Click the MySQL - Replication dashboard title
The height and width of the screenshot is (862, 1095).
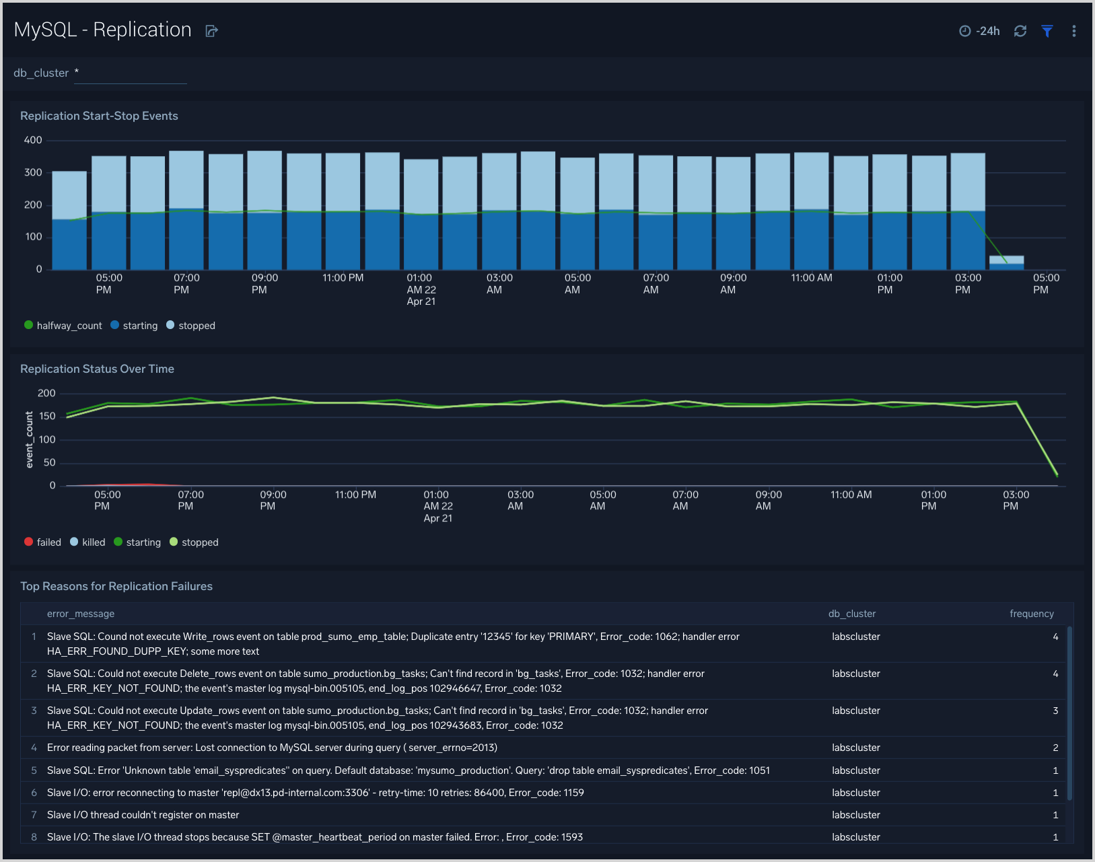tap(102, 30)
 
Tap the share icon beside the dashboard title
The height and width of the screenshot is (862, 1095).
tap(211, 31)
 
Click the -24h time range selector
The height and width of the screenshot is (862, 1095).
tap(980, 31)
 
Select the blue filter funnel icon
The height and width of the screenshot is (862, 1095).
tap(1047, 31)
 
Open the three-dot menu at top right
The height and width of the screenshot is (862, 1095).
tap(1073, 31)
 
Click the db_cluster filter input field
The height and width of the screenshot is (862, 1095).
tap(130, 73)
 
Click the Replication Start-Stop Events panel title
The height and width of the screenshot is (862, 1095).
tap(99, 116)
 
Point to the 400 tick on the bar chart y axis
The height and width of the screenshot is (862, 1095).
tap(33, 140)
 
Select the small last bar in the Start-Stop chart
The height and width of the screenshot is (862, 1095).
tap(1006, 263)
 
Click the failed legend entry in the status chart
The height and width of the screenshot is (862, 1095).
tap(42, 542)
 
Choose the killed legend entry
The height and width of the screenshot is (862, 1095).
tap(87, 542)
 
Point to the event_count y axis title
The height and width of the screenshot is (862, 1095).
tap(29, 440)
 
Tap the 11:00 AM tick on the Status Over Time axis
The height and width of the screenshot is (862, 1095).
tap(851, 495)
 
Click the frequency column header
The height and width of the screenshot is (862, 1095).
tap(1031, 614)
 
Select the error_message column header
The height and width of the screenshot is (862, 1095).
tap(81, 614)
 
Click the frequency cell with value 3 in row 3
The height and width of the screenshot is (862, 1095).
tap(1055, 711)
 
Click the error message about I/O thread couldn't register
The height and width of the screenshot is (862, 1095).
tap(143, 815)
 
